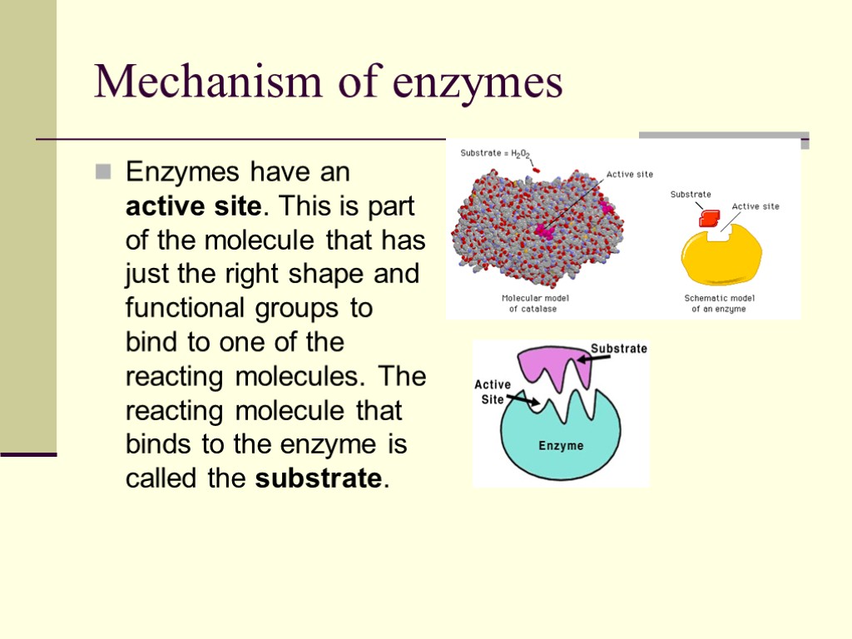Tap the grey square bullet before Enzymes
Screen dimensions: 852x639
(103, 172)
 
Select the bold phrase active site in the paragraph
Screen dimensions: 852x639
(194, 206)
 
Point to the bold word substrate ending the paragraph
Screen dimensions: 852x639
(319, 479)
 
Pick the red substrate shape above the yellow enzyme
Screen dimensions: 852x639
(709, 219)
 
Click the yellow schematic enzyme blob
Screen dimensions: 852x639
(721, 259)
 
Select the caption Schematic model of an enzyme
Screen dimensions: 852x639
(719, 303)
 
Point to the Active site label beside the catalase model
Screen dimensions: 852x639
(629, 174)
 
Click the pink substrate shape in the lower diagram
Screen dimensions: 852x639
(553, 366)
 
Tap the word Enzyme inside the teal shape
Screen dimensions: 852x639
(561, 446)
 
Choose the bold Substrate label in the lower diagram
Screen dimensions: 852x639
(618, 349)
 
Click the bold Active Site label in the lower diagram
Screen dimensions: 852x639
(493, 391)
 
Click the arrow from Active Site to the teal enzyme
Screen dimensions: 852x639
(523, 402)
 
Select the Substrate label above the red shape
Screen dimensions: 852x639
(691, 195)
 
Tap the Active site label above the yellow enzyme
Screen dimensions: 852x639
(755, 206)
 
